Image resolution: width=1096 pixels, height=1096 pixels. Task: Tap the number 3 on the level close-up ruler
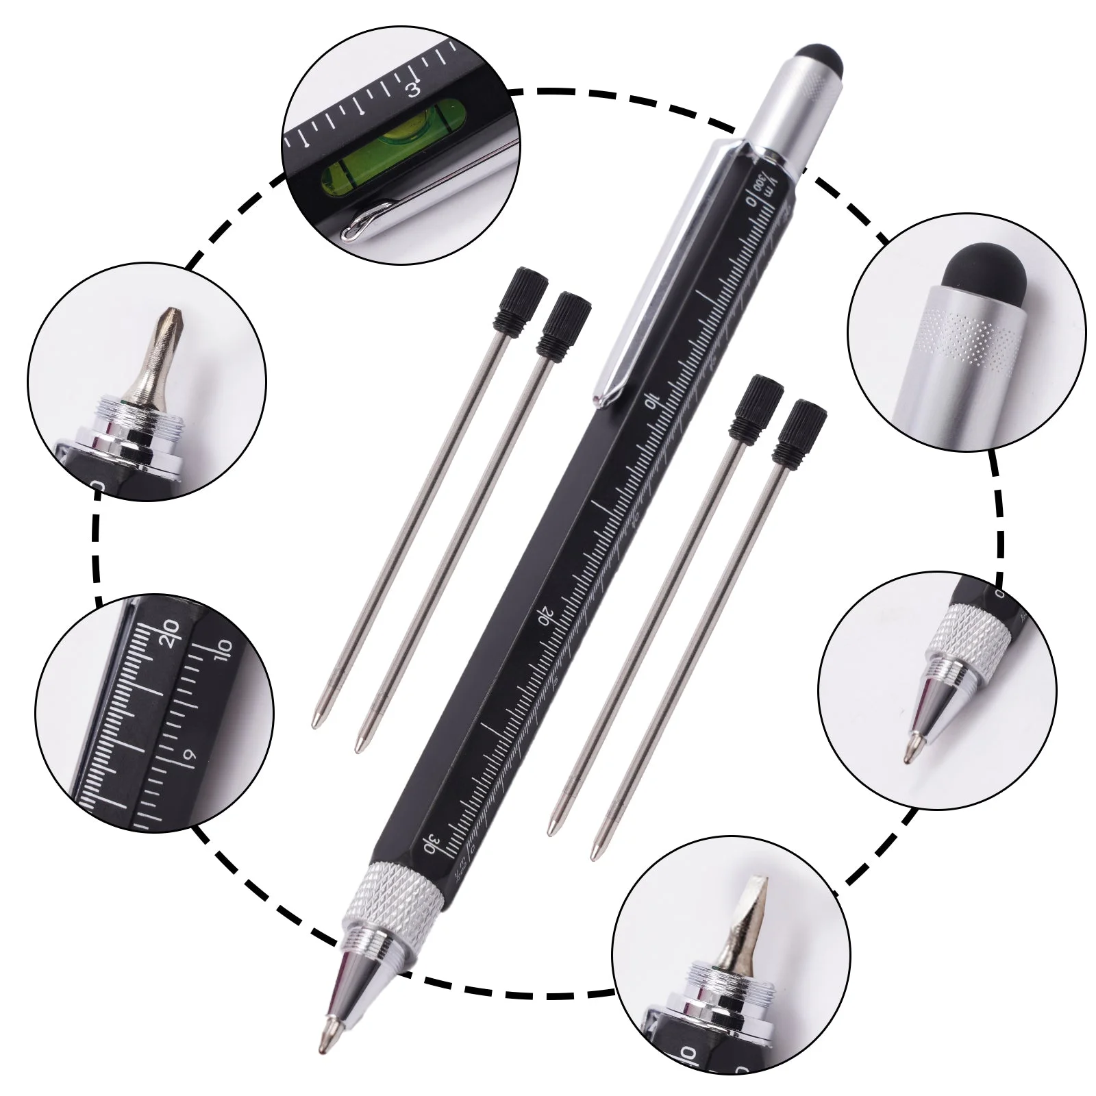click(413, 90)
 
